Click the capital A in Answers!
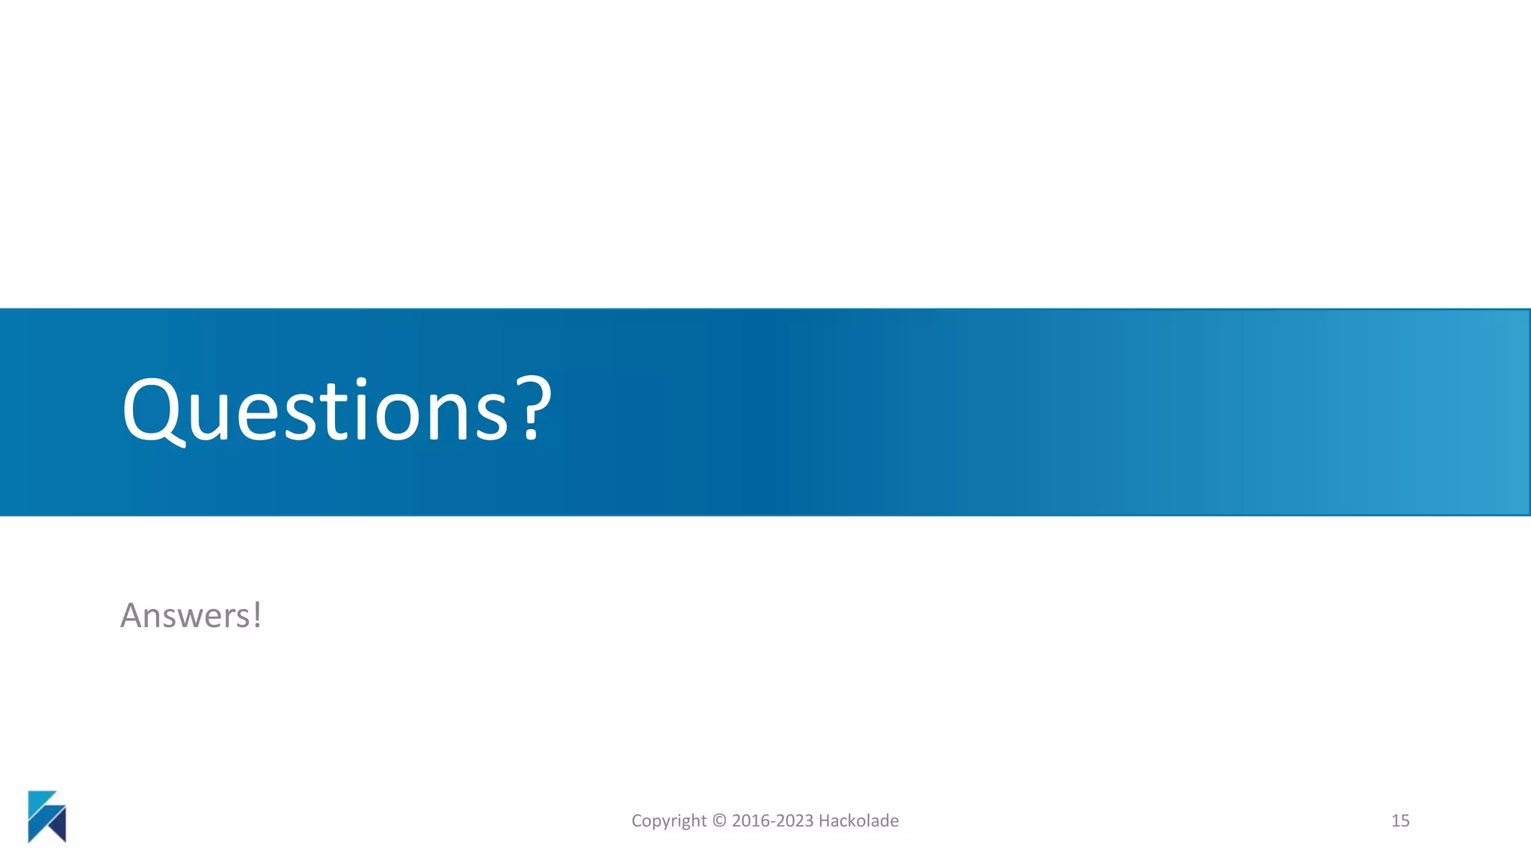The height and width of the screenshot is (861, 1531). (x=133, y=616)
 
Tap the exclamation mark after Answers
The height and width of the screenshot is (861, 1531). (x=257, y=614)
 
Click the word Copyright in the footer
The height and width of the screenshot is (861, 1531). (x=668, y=821)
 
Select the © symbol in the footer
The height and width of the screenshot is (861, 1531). (x=719, y=821)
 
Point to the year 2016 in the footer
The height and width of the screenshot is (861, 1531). (x=750, y=821)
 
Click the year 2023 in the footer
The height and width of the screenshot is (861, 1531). (x=794, y=821)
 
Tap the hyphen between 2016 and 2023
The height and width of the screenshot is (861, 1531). (x=772, y=821)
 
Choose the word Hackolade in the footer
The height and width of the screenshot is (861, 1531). (x=858, y=821)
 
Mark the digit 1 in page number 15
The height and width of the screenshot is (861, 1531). (x=1395, y=821)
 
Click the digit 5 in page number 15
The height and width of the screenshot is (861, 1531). (x=1405, y=821)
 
